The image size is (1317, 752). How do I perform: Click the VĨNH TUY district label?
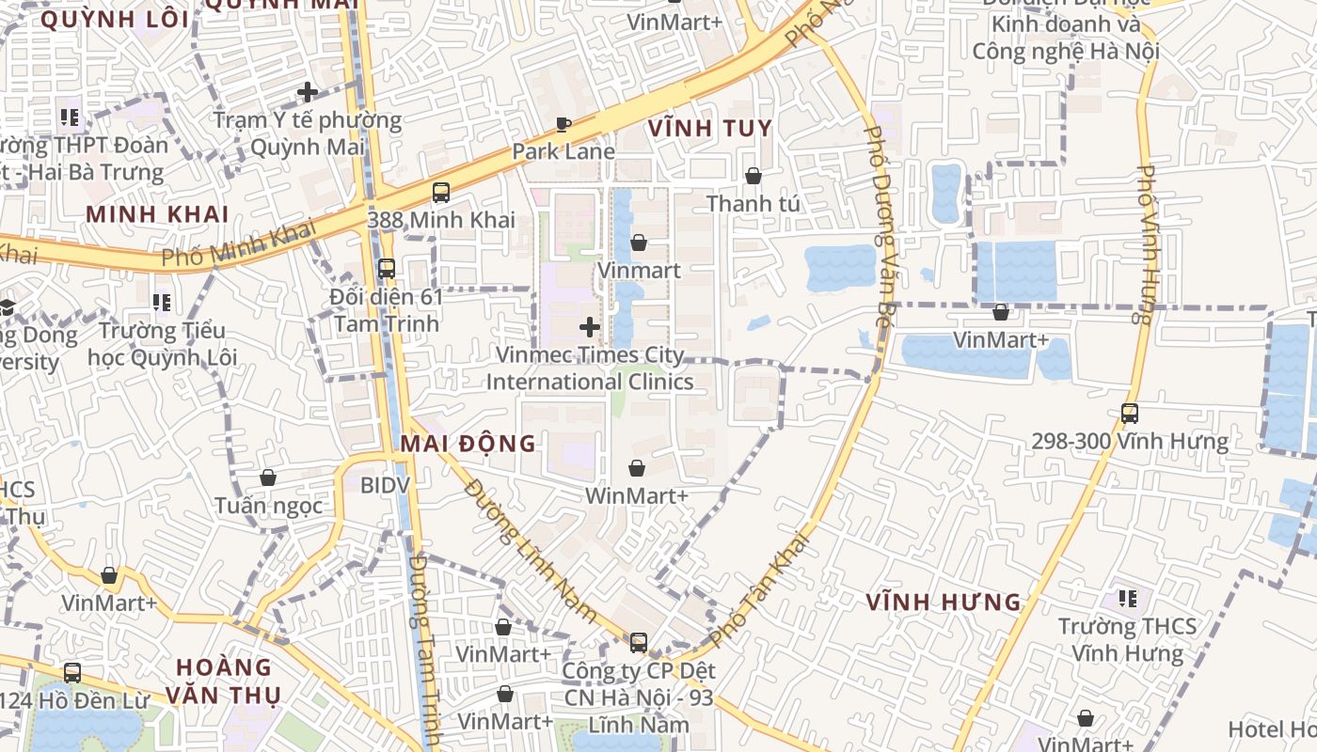(x=710, y=129)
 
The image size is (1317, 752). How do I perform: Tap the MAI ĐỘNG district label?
(x=468, y=444)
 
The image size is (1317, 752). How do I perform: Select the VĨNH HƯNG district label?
(x=944, y=602)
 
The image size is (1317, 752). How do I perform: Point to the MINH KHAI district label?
(x=157, y=214)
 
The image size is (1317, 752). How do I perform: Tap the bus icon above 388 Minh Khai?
(x=440, y=193)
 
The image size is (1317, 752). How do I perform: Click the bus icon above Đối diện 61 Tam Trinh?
(x=386, y=269)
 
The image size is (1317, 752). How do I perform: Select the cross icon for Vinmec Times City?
(x=590, y=327)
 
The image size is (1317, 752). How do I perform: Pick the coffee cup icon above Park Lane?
(x=563, y=124)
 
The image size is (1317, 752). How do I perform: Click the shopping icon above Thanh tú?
(x=753, y=176)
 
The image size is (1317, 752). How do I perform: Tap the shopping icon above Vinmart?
(x=639, y=243)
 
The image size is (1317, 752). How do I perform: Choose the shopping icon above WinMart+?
(x=637, y=468)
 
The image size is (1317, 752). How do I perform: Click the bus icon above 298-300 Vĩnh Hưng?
(x=1129, y=413)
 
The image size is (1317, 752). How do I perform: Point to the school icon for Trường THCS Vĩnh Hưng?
(x=1127, y=598)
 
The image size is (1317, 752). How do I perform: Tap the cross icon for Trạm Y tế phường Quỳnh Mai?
(x=308, y=92)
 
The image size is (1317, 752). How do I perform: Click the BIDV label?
(x=386, y=485)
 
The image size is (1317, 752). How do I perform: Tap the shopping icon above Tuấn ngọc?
(x=268, y=478)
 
